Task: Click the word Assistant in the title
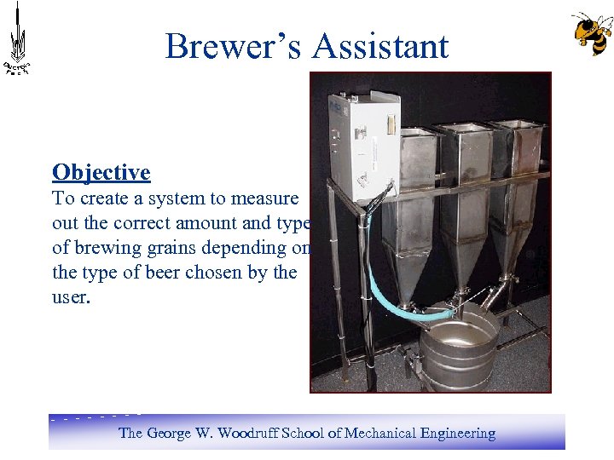[380, 46]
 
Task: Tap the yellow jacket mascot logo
[591, 33]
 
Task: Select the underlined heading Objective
[101, 172]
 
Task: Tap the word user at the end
[69, 297]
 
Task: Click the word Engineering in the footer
[457, 433]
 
